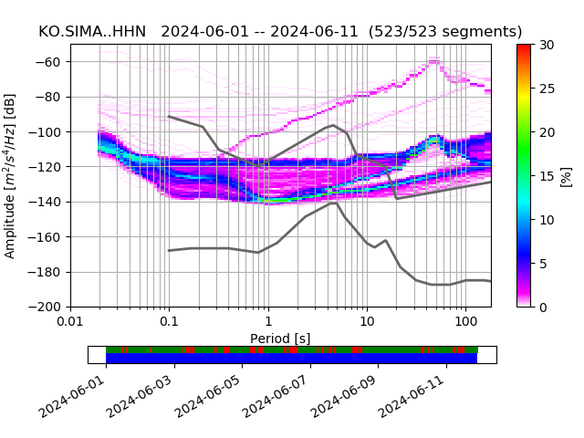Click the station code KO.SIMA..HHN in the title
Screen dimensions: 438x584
[x=95, y=32]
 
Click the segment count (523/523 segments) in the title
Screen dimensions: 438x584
[x=445, y=32]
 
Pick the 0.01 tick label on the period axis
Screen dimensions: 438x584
[x=70, y=322]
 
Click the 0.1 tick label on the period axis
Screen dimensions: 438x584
[x=169, y=322]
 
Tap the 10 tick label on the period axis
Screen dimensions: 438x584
[x=366, y=322]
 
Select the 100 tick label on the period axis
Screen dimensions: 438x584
[x=465, y=322]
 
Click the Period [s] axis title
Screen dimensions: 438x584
[x=280, y=338]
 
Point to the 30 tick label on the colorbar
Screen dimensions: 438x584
[x=546, y=45]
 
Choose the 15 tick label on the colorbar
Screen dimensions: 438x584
[x=546, y=176]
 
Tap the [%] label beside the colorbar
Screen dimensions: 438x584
[x=566, y=175]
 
